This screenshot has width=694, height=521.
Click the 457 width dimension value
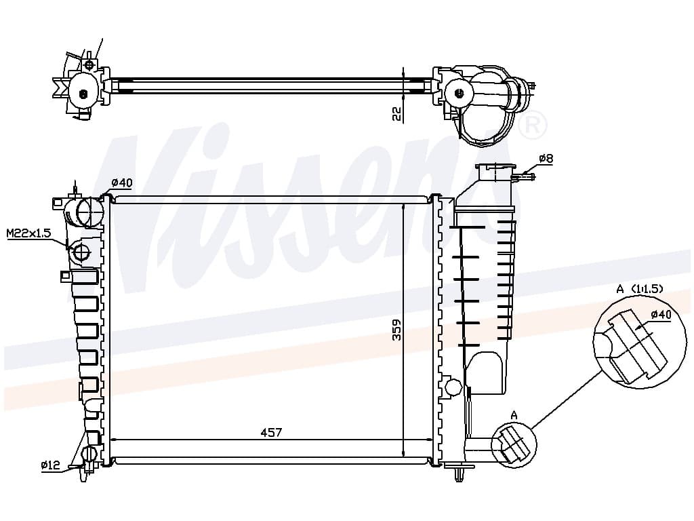click(271, 432)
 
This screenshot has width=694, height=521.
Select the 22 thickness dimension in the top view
click(397, 114)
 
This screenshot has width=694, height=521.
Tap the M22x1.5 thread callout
click(29, 233)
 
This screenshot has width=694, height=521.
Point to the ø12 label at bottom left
click(50, 465)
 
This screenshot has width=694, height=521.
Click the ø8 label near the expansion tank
click(546, 159)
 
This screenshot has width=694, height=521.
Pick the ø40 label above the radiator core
click(122, 182)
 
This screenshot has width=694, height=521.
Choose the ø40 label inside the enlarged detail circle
click(661, 315)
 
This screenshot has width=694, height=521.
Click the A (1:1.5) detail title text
click(640, 289)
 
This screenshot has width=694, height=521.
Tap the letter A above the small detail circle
click(514, 415)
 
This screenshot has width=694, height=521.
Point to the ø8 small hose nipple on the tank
click(524, 177)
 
